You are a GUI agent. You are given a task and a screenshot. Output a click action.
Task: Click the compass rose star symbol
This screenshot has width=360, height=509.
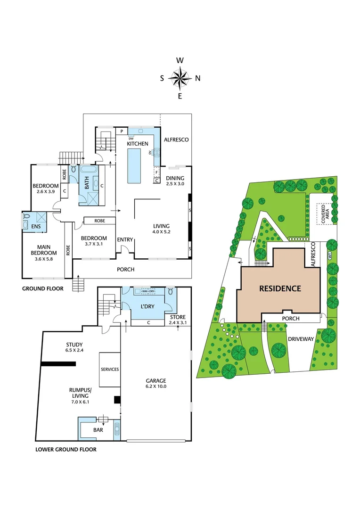pos(180,78)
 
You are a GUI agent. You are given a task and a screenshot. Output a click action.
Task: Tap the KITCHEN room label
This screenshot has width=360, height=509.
pos(137,143)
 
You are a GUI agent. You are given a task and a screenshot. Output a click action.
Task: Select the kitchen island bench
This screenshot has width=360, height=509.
pos(134,165)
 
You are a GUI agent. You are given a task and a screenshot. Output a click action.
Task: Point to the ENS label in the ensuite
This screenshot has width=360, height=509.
pos(36,226)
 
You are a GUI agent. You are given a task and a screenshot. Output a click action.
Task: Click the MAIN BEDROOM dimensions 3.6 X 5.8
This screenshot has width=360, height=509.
pos(44,259)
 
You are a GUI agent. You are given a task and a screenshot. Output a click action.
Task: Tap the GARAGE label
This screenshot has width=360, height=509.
pos(156,380)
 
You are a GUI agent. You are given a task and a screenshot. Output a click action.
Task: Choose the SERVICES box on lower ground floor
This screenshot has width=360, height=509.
pos(110,369)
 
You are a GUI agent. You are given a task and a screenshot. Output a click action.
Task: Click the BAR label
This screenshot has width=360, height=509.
pos(98,430)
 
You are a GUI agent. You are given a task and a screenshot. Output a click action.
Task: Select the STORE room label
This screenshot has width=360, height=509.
pos(178,317)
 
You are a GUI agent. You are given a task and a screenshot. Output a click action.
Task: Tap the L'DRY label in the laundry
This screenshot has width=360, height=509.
pos(147,306)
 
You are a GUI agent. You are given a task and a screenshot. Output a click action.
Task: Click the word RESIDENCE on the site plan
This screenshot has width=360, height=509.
pos(280,288)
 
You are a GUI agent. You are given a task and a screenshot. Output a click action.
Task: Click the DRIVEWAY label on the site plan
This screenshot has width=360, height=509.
pos(301,339)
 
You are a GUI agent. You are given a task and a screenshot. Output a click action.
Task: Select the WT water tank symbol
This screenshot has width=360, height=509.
pos(330,255)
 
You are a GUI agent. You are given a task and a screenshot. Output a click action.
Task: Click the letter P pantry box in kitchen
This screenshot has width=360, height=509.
pos(122,131)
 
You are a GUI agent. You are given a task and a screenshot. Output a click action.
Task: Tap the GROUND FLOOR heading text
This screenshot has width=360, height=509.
pos(43,288)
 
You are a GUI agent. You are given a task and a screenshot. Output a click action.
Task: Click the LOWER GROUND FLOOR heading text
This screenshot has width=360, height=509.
pos(66,449)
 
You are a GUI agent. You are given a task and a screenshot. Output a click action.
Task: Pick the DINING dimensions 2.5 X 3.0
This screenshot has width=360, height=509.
pos(175,184)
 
